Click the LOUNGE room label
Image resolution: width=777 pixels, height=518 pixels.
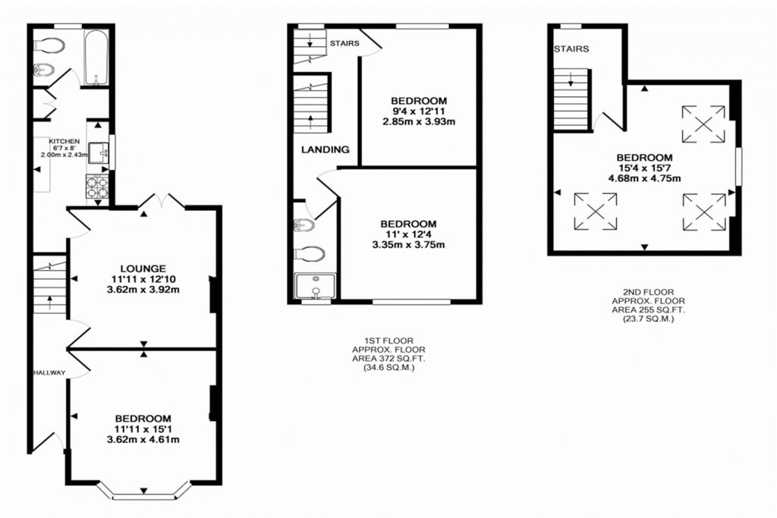(143, 268)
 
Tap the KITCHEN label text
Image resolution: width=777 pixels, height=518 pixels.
(64, 142)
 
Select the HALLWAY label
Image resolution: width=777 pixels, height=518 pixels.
(49, 372)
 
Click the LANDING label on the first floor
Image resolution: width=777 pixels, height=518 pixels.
(325, 149)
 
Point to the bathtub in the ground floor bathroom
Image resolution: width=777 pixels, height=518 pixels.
(97, 57)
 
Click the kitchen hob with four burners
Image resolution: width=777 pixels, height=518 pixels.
(98, 187)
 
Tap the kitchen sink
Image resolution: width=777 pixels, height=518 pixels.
(99, 153)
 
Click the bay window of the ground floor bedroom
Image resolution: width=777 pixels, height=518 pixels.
(144, 493)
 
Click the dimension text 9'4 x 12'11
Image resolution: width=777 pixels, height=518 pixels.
(419, 111)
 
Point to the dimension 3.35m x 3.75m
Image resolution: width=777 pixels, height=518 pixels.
(408, 244)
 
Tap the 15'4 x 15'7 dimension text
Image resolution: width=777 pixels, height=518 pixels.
(644, 168)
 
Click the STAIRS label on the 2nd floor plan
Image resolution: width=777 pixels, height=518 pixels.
(571, 49)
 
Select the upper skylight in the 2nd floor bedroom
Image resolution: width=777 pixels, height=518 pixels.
(702, 123)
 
